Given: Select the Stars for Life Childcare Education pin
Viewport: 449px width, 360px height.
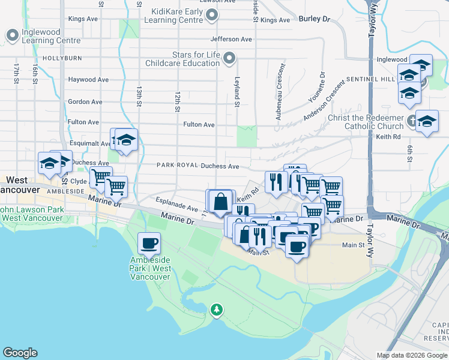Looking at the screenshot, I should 229,58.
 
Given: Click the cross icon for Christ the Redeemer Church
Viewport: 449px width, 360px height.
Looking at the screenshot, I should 411,119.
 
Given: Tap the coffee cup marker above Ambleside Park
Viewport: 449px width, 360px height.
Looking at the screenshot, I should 149,244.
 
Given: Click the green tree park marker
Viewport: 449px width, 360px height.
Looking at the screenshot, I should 216,310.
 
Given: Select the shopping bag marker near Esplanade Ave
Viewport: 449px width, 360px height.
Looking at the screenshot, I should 221,202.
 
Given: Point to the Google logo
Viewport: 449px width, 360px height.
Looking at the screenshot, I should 20,353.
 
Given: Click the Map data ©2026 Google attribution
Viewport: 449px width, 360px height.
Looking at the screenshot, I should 412,355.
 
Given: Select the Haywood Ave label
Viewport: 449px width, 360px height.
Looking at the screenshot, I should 88,79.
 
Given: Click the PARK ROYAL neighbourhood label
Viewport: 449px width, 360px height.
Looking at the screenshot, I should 177,166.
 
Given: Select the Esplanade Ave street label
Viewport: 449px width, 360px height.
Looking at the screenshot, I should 176,205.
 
